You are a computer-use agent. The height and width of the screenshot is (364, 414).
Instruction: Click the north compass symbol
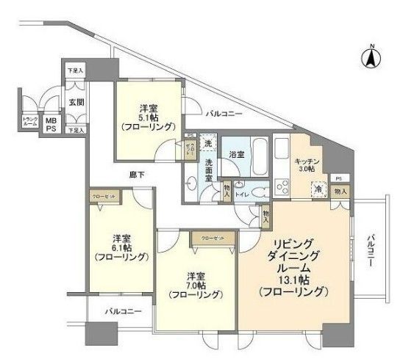372,57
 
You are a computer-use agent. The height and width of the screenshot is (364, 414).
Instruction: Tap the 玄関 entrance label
76,102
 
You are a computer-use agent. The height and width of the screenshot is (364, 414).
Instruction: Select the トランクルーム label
30,122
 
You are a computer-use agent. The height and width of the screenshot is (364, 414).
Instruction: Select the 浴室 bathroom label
235,155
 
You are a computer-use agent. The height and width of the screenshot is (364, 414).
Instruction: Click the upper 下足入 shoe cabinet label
75,70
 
